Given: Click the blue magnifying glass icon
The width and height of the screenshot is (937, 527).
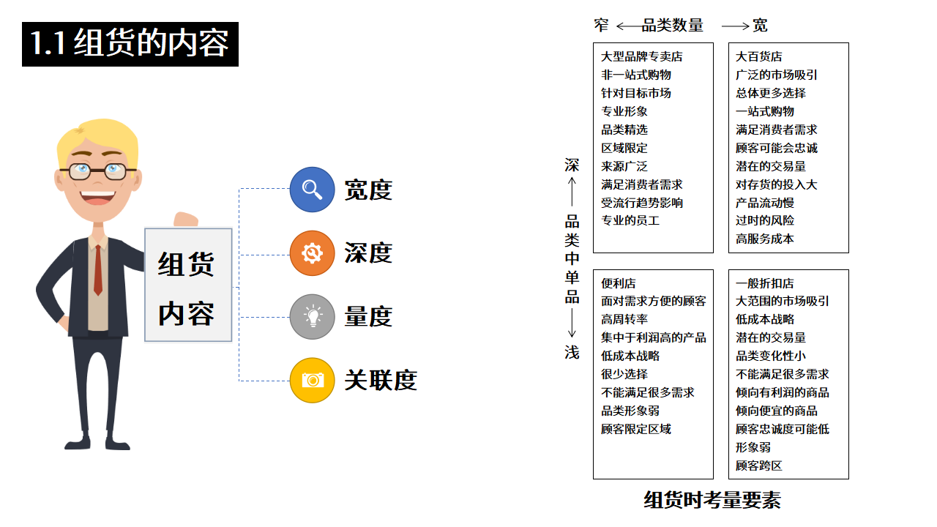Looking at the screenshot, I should pos(312,190).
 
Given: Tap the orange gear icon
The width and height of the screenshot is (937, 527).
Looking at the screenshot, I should pos(312,253).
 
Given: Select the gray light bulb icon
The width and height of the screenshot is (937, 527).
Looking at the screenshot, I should pos(312,317).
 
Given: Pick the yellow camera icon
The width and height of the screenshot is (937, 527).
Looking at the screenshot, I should pos(312,380).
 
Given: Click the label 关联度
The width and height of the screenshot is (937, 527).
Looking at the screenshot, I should pos(381,381).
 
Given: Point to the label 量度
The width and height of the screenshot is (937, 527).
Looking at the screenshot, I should pos(368,317).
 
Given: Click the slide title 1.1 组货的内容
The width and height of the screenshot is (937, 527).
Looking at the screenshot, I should pos(130,44).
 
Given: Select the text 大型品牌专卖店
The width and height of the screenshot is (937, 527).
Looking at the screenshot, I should pos(641,56).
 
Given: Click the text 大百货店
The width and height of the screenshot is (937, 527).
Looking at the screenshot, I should pos(758,56).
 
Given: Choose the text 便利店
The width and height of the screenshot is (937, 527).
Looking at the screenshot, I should pos(619,283).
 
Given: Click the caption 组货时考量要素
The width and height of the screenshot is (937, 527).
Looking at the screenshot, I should pos(712,500).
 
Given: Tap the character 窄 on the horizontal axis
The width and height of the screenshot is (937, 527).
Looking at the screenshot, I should pos(602,26).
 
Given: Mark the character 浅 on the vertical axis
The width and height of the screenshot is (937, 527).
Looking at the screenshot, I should pos(572,353).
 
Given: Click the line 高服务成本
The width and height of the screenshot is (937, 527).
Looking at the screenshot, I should pos(764,239).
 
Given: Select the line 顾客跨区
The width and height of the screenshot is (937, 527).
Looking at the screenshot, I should pos(758,466).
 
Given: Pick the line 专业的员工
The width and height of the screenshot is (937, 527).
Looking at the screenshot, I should pos(630,220).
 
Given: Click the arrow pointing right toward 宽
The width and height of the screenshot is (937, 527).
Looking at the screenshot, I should pos(735,26).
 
